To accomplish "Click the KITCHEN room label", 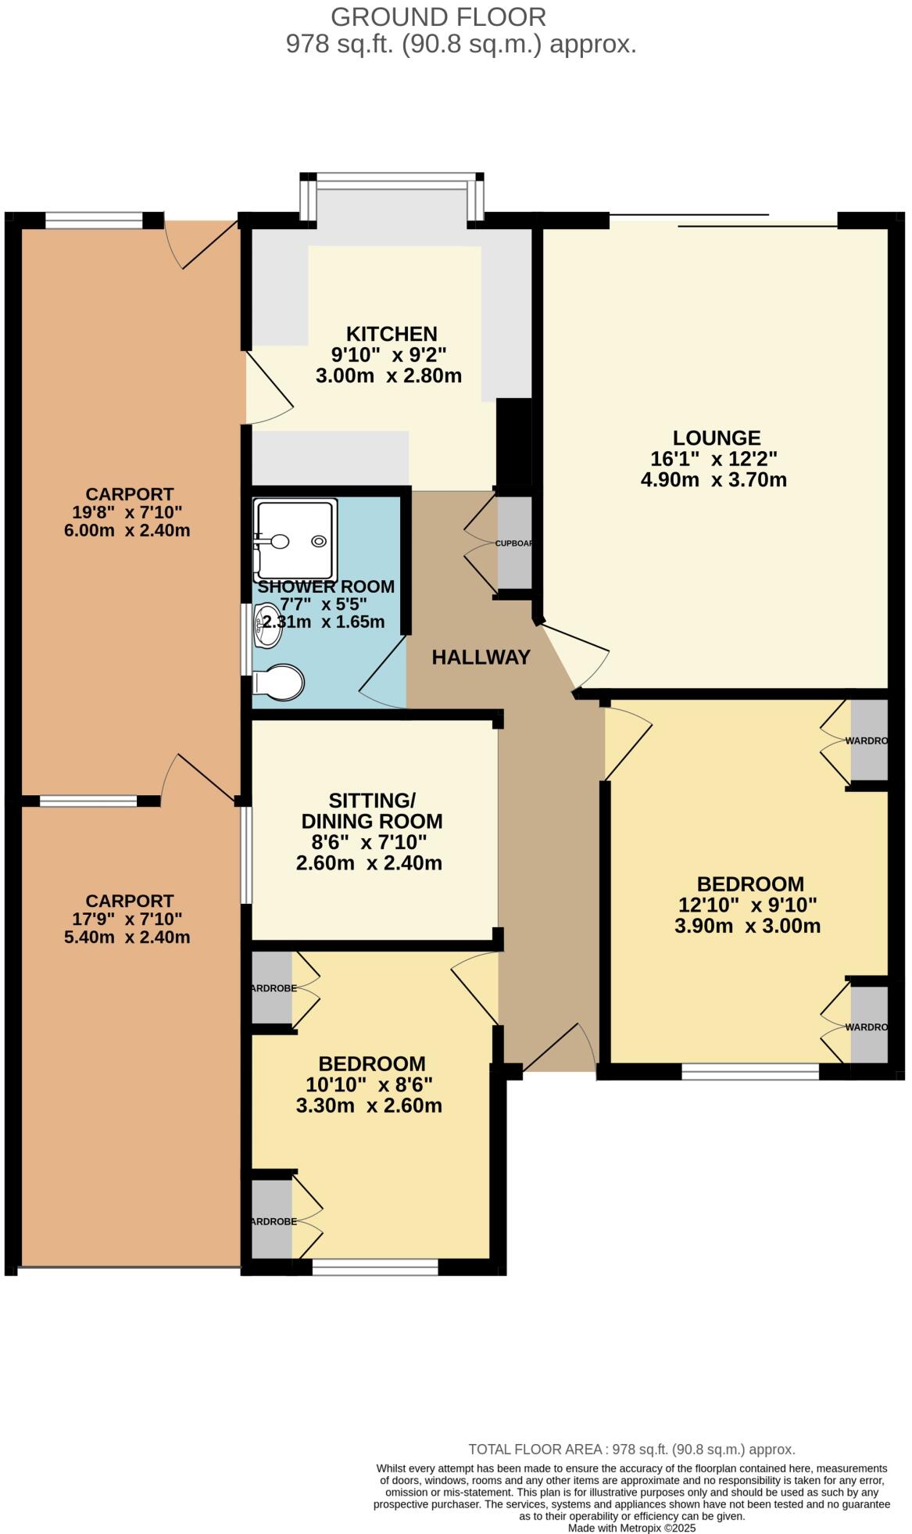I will (x=392, y=334).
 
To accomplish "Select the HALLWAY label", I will (x=481, y=658).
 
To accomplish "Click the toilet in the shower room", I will (x=279, y=682).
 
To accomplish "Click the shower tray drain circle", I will (x=319, y=541).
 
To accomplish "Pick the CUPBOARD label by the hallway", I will (x=513, y=543).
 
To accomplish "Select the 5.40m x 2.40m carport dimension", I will (x=127, y=937).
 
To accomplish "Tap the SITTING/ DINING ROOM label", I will (x=371, y=811).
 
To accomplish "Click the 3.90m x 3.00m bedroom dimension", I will (x=747, y=926).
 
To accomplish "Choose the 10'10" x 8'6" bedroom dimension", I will (x=369, y=1085).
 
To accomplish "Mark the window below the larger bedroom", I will (x=749, y=1071).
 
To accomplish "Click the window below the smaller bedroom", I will (x=374, y=1267).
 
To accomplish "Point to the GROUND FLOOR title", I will (x=438, y=16).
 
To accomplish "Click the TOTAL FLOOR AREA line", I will (x=631, y=1449).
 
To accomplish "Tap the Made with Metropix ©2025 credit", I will (x=631, y=1528).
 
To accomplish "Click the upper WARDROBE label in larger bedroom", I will (x=867, y=740).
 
